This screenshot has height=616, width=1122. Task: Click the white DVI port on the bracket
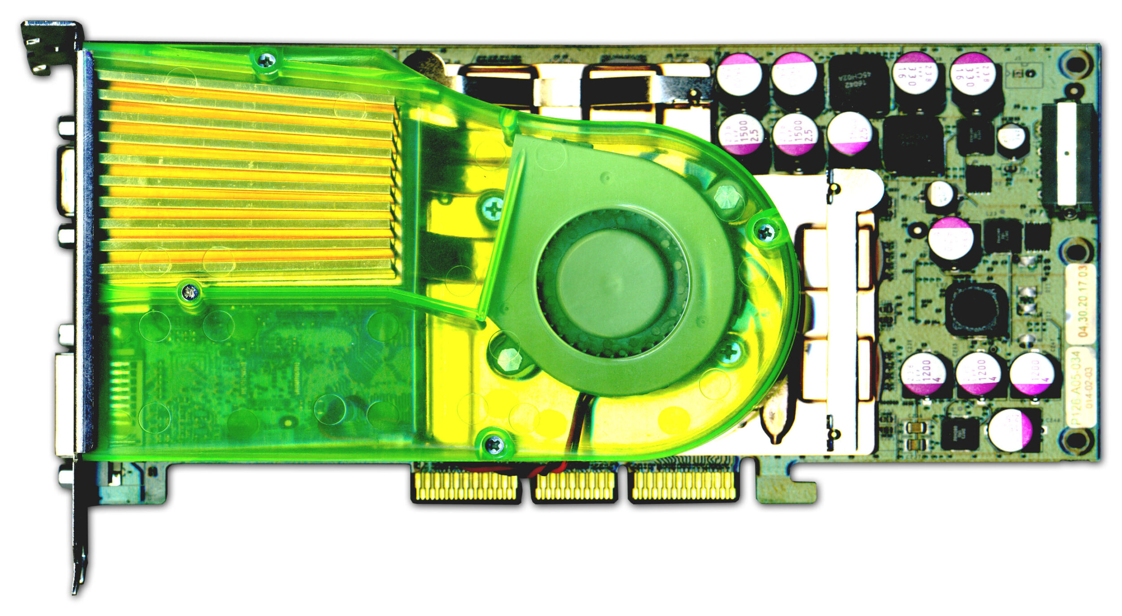pyautogui.click(x=66, y=403)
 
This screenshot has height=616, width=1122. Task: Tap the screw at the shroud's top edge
pyautogui.click(x=267, y=60)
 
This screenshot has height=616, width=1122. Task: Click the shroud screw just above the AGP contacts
pyautogui.click(x=493, y=445)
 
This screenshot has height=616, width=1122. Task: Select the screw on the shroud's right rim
pyautogui.click(x=766, y=232)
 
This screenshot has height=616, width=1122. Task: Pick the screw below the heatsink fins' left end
pyautogui.click(x=189, y=292)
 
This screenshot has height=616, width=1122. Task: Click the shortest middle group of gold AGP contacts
pyautogui.click(x=574, y=487)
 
